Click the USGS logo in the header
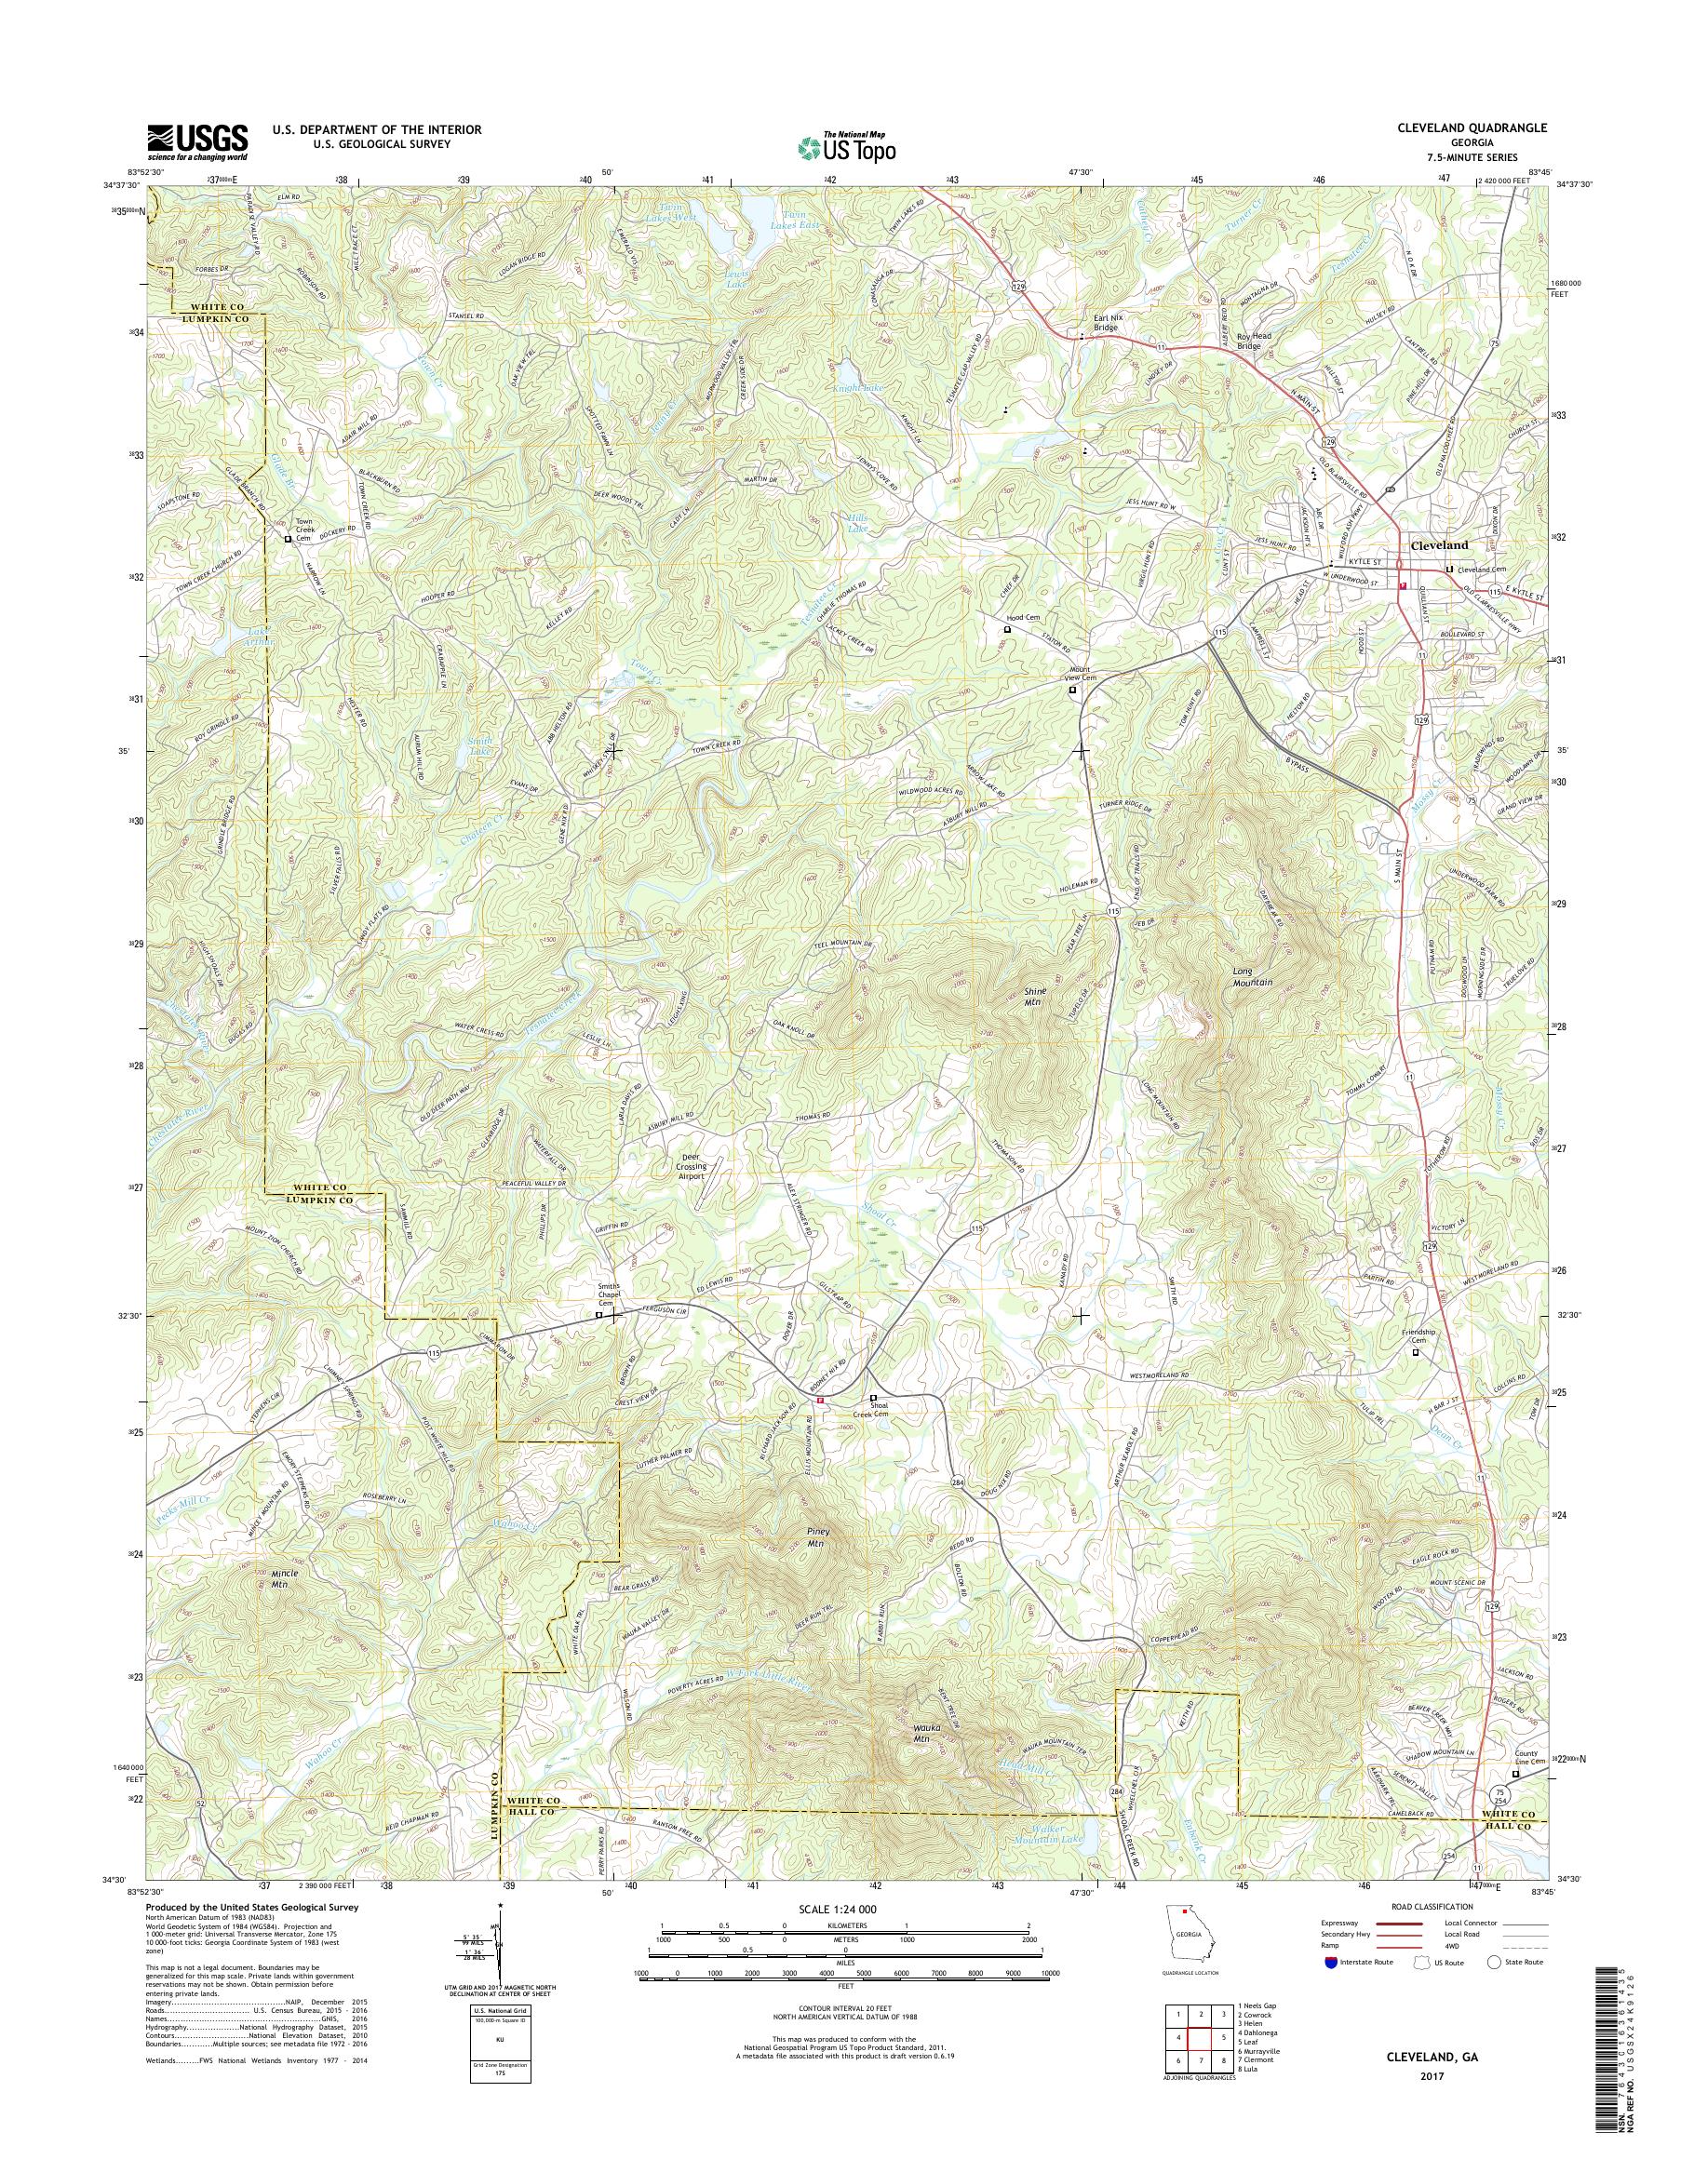point(197,141)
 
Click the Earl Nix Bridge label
point(1099,322)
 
